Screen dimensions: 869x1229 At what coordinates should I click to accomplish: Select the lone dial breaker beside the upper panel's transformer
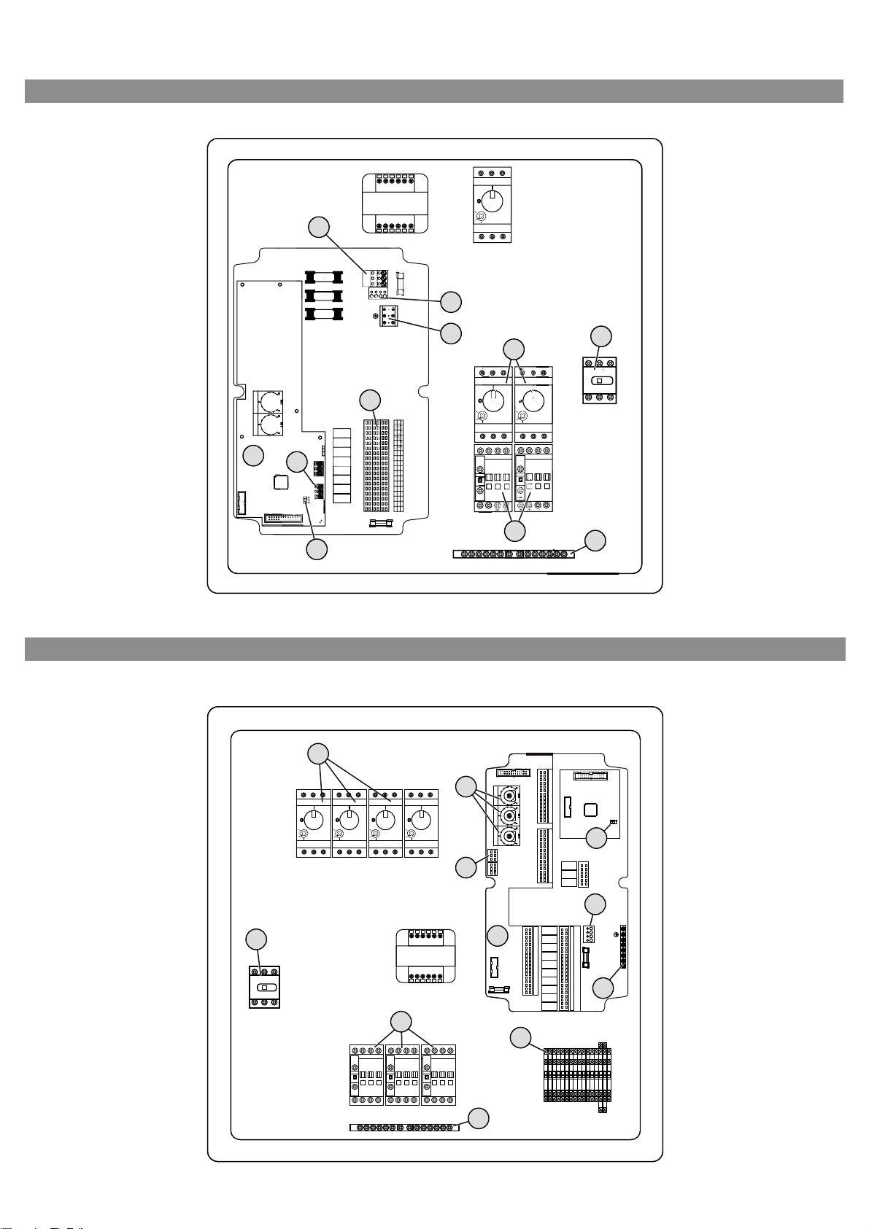click(492, 204)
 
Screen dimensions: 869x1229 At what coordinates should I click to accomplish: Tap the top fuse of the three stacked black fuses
click(323, 277)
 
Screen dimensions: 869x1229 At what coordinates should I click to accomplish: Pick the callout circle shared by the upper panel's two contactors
click(515, 531)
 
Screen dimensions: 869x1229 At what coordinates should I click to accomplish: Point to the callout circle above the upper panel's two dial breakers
click(515, 348)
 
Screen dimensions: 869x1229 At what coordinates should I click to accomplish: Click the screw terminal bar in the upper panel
click(512, 554)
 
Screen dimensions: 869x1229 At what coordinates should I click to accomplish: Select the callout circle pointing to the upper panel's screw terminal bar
click(595, 540)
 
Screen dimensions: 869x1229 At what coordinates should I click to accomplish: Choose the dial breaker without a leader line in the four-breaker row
click(422, 823)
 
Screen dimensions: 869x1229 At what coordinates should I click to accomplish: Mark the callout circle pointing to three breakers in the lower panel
click(317, 753)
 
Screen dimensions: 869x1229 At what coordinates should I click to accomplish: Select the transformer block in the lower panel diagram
click(425, 955)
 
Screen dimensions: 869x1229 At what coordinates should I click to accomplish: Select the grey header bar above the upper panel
click(434, 91)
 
